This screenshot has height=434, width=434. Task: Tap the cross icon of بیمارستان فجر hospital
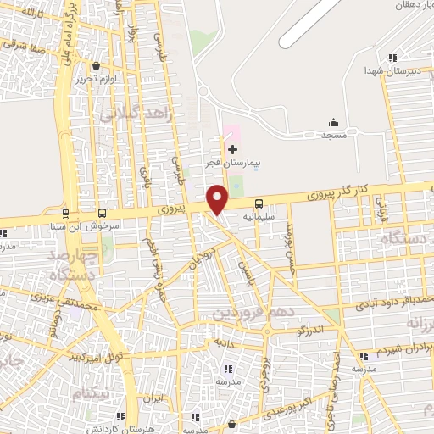(x=233, y=149)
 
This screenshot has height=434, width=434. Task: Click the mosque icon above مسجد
(x=333, y=122)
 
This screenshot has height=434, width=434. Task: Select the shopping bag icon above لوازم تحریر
(x=97, y=64)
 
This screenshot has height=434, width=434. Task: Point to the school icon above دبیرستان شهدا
(x=392, y=58)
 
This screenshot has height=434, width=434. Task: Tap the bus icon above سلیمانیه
(x=259, y=203)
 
